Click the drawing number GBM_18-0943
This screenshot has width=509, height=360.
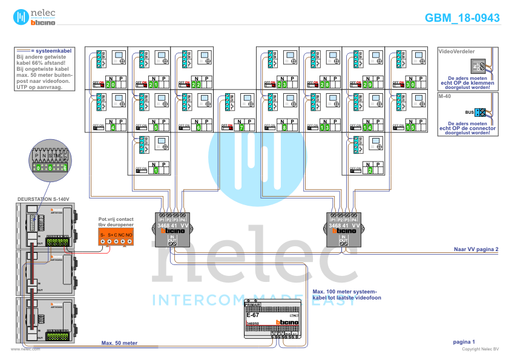coord(462,18)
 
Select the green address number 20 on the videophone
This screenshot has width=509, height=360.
coord(110,85)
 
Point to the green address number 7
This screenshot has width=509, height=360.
coord(241,128)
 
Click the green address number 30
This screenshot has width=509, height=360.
coord(410,85)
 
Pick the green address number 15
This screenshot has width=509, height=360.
coord(410,128)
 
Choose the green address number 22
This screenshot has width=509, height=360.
coord(196,85)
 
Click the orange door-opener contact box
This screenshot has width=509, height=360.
coord(116,238)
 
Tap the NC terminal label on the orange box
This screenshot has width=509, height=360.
coord(122,234)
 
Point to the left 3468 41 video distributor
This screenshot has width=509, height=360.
coord(172,230)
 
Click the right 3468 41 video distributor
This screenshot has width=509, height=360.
coord(344,230)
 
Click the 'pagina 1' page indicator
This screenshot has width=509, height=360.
coord(465,342)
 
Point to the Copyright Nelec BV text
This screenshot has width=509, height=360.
coord(481,349)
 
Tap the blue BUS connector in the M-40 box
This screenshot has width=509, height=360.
coord(481,113)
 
